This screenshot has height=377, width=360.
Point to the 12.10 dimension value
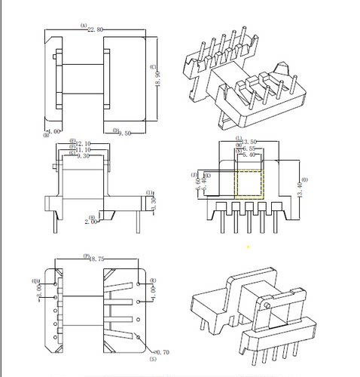point(83,143)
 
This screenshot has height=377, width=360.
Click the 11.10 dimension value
point(83,149)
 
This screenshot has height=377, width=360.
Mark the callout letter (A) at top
point(83,24)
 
